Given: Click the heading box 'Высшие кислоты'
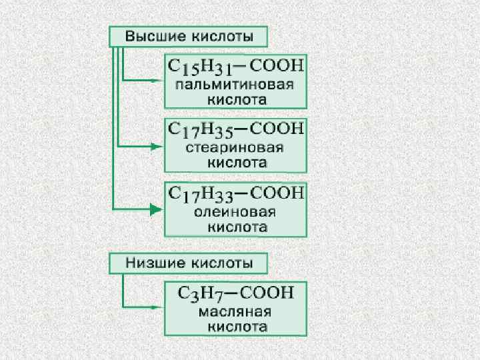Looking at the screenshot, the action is click(189, 36).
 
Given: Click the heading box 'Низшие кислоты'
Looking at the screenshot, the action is click(189, 263).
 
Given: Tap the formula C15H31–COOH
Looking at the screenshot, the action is click(235, 67).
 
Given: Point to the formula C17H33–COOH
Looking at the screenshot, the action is click(235, 193).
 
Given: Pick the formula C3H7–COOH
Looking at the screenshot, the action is click(235, 292).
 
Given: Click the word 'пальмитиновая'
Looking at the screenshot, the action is click(235, 85).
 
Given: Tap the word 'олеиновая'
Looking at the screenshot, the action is click(235, 212).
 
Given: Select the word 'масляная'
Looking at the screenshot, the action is click(235, 311).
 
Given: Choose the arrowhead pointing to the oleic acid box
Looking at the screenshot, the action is click(157, 210).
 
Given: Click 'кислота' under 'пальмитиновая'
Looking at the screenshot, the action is click(235, 100).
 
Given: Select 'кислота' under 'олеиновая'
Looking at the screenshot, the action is click(235, 227).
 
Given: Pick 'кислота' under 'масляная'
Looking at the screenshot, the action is click(235, 327).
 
